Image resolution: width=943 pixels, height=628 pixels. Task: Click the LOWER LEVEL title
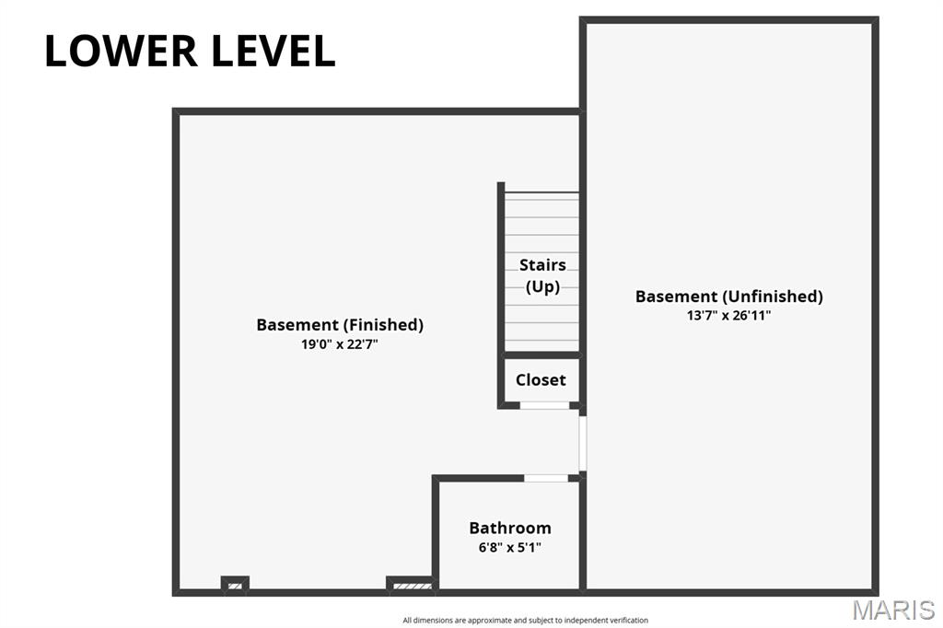[x=190, y=52]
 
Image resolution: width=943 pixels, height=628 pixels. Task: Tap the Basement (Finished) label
[x=340, y=324]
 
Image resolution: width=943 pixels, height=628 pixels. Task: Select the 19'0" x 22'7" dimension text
[x=340, y=345]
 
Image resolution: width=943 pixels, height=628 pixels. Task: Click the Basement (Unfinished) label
[x=728, y=296]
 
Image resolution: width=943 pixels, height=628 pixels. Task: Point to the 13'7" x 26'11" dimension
[x=728, y=316]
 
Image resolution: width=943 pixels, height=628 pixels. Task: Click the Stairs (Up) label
[x=542, y=275]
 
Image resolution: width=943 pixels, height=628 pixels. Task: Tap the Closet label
[x=541, y=379]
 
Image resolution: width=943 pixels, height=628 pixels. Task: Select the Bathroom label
[x=510, y=528]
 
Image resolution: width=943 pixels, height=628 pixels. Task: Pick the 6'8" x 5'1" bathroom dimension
[x=510, y=547]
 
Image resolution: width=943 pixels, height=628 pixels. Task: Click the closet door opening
[x=544, y=405]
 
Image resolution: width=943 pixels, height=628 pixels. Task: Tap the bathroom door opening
[x=546, y=478]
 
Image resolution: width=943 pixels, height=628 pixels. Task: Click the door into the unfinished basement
[x=582, y=444]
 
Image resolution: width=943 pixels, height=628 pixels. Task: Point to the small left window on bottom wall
[x=235, y=585]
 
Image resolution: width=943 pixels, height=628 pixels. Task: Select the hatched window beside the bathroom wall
[x=410, y=585]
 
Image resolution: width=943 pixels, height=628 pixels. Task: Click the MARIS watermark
[x=892, y=610]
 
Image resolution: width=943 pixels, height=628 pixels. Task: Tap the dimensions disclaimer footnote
[x=525, y=621]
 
